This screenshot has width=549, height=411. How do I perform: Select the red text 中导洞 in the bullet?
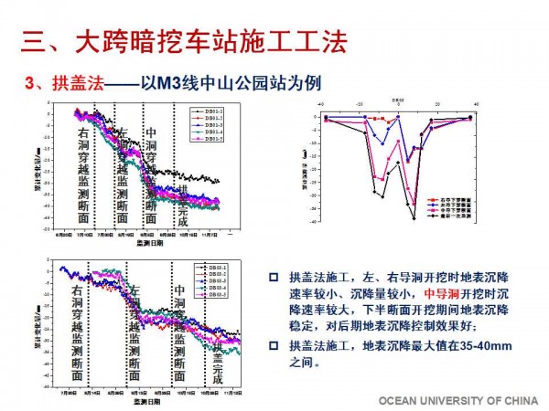click(x=443, y=294)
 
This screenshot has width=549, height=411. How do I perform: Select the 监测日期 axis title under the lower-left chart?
click(x=145, y=401)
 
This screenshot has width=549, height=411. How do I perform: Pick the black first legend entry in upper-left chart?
click(x=205, y=113)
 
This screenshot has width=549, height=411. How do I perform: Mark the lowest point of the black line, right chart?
click(x=413, y=217)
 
